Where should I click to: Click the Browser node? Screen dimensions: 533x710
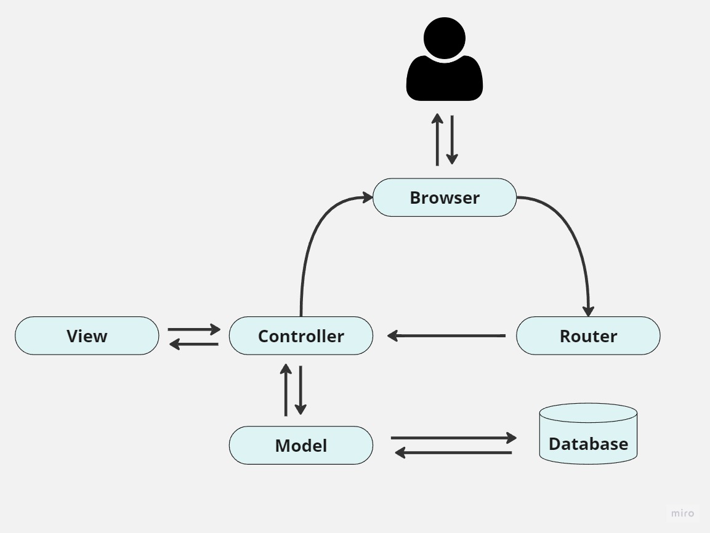click(x=444, y=198)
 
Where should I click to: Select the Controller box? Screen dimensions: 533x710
click(x=301, y=336)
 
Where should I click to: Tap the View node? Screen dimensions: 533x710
click(x=87, y=336)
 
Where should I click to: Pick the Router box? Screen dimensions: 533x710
click(x=588, y=336)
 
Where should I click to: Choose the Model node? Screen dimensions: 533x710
click(x=301, y=445)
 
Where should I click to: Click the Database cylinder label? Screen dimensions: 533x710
click(x=588, y=444)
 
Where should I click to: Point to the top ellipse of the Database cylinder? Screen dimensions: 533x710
click(x=588, y=413)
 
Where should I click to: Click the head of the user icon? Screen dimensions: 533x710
click(x=445, y=38)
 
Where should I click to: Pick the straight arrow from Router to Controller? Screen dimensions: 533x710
click(x=446, y=336)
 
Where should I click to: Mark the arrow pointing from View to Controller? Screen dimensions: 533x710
click(x=193, y=329)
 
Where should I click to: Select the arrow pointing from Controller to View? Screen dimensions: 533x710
click(x=193, y=344)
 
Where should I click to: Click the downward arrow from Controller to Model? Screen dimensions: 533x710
click(x=301, y=390)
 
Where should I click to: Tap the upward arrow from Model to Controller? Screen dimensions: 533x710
click(x=286, y=390)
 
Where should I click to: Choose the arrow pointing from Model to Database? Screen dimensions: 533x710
click(x=453, y=438)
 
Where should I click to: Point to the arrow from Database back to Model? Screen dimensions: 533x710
click(x=453, y=453)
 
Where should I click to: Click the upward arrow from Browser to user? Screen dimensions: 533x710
click(x=437, y=140)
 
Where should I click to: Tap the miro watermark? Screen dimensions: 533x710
click(x=682, y=513)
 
